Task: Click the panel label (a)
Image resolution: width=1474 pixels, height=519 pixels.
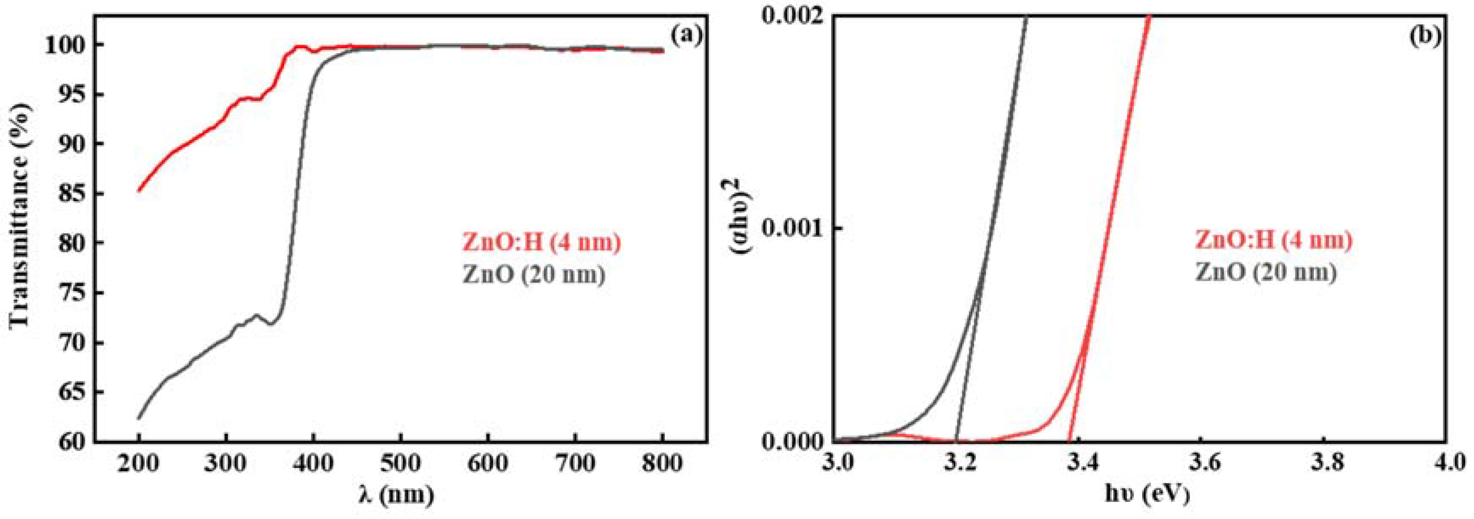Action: [x=686, y=36]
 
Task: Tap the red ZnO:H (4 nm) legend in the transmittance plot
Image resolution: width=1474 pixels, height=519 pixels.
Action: [x=541, y=243]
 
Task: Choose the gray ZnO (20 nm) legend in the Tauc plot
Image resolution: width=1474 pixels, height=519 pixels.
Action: [x=1266, y=272]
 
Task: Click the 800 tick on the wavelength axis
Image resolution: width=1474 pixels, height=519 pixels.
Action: [x=662, y=463]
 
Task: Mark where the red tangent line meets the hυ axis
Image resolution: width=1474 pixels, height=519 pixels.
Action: [x=1069, y=440]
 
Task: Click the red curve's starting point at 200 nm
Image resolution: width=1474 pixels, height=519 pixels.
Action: [x=139, y=191]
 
